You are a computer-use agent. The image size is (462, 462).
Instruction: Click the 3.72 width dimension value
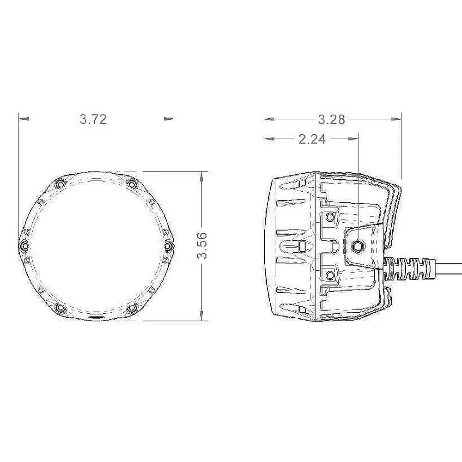[x=93, y=119]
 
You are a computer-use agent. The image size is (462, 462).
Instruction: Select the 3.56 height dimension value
[x=202, y=246]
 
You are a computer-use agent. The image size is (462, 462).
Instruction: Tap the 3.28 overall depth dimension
[x=331, y=119]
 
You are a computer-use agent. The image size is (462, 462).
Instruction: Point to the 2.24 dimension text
[x=312, y=139]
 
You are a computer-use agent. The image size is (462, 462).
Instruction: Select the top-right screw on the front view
[x=132, y=184]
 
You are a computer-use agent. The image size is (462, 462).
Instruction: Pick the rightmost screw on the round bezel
[x=168, y=246]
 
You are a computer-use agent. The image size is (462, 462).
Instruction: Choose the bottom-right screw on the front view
[x=132, y=308]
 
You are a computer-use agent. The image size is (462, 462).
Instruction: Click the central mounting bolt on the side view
[x=358, y=246]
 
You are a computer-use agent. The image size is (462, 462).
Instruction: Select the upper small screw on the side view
[x=330, y=217]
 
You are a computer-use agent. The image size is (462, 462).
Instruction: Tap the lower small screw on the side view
[x=330, y=275]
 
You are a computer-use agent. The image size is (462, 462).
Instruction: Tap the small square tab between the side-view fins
[x=303, y=246]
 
